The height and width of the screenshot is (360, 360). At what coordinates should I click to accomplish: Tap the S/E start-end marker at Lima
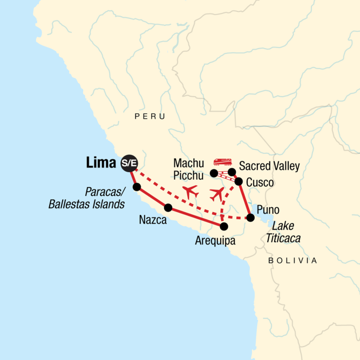(128, 162)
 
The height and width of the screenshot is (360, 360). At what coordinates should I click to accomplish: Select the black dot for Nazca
(168, 207)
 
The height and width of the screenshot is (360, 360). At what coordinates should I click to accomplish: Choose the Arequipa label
(215, 241)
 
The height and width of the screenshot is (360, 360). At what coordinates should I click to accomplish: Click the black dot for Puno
(250, 218)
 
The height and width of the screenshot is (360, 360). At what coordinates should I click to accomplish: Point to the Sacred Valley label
(269, 165)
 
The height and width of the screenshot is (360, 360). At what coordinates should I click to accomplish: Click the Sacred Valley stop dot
(232, 172)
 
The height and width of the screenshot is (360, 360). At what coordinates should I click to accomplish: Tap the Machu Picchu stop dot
(214, 173)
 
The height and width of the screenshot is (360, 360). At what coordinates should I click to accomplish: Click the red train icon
(222, 161)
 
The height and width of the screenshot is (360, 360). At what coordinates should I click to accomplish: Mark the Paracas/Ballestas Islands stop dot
(137, 187)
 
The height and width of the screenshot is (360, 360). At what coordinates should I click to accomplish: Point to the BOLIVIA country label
(293, 261)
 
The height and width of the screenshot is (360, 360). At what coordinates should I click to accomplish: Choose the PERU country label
(150, 117)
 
